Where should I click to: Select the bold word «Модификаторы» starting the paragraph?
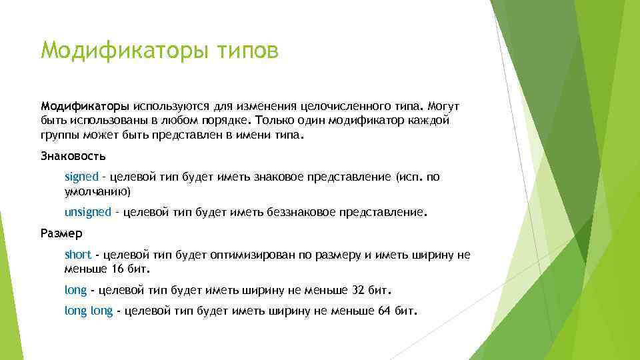[x=85, y=107]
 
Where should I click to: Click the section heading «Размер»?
[x=61, y=234]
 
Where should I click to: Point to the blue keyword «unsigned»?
[x=88, y=212]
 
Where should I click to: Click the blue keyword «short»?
[x=77, y=255]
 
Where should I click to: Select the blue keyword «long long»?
[x=89, y=311]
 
